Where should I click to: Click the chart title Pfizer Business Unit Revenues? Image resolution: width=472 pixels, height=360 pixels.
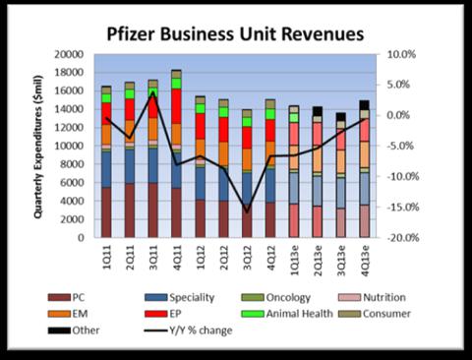pyautogui.click(x=235, y=34)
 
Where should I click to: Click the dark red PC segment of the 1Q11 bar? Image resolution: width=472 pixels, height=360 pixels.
pyautogui.click(x=106, y=211)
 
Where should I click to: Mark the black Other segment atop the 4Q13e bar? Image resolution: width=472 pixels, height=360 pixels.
pyautogui.click(x=364, y=105)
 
